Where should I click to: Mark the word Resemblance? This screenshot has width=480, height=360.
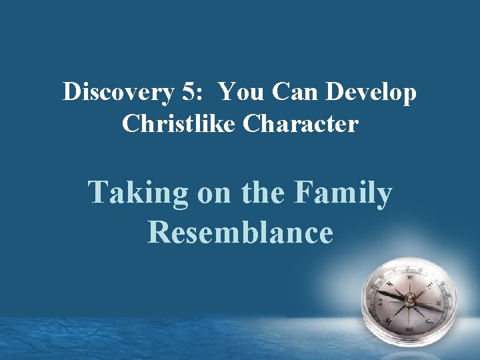[240, 232]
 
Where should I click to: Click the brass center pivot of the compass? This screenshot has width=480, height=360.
[411, 297]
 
